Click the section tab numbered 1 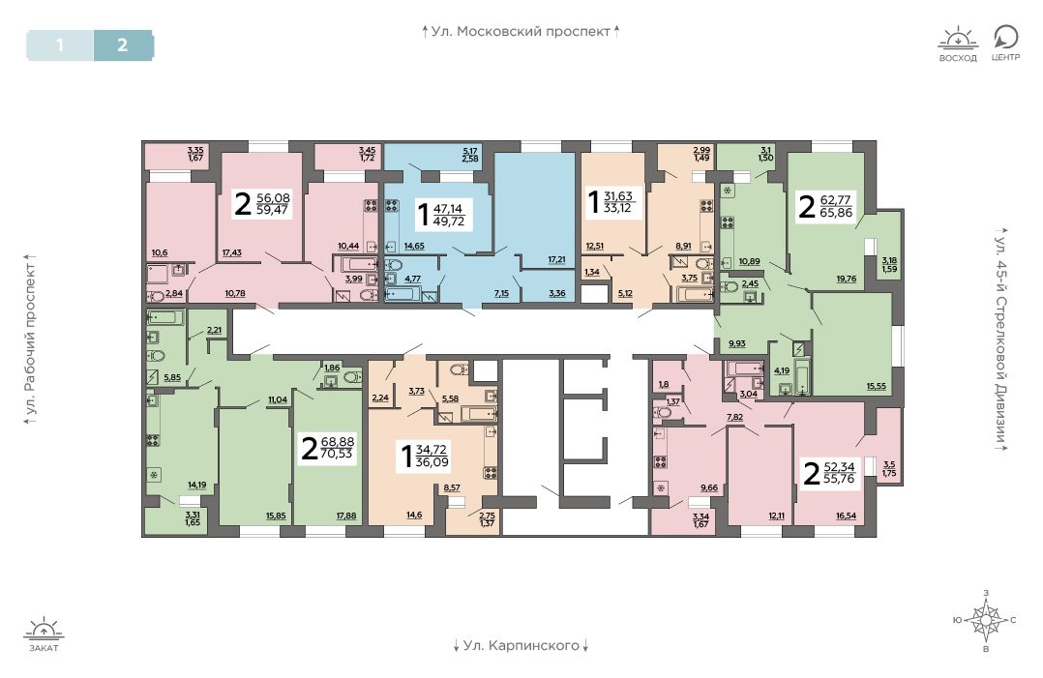60,45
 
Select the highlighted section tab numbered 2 123,45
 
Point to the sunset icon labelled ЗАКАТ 44,634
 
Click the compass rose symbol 986,620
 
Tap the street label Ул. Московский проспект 521,31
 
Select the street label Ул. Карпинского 521,645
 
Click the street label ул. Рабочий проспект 29,339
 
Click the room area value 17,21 556,259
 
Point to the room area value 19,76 846,279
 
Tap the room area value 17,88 346,516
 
